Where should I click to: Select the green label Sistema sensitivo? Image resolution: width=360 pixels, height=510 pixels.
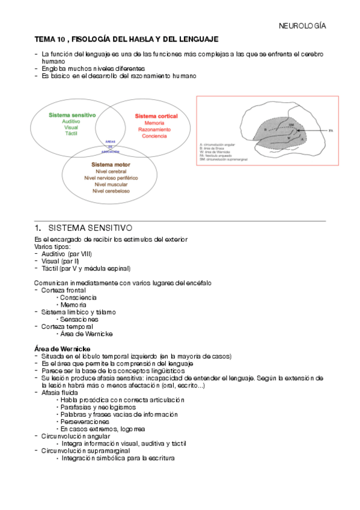point(70,114)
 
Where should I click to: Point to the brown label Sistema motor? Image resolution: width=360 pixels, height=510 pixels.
point(111,164)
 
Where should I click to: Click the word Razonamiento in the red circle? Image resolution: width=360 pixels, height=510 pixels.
point(154,129)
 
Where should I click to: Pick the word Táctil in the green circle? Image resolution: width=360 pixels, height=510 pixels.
point(70,135)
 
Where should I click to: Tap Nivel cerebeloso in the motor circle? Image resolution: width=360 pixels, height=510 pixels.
point(111,191)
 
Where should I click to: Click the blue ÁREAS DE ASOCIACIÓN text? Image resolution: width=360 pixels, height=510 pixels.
point(111,147)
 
